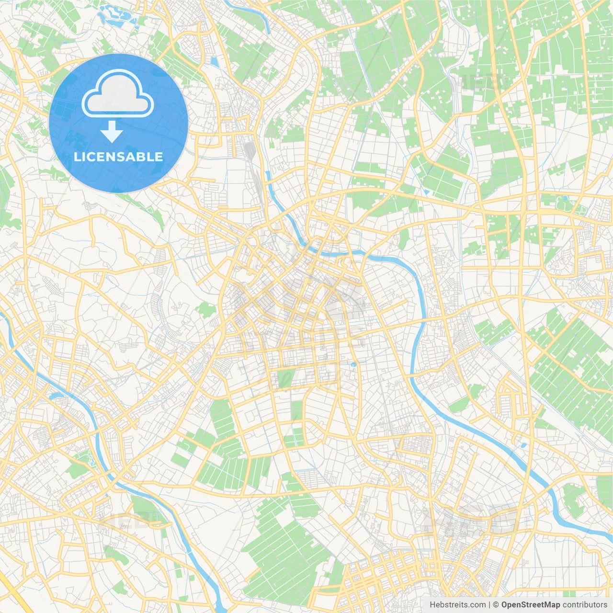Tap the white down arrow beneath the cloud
112,132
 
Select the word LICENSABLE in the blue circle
118,157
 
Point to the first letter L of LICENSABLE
77,157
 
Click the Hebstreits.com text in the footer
457,605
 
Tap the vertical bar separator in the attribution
489,605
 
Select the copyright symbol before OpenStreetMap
496,605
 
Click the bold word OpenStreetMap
531,605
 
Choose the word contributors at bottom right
585,605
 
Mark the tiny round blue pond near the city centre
353,365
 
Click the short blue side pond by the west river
57,396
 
